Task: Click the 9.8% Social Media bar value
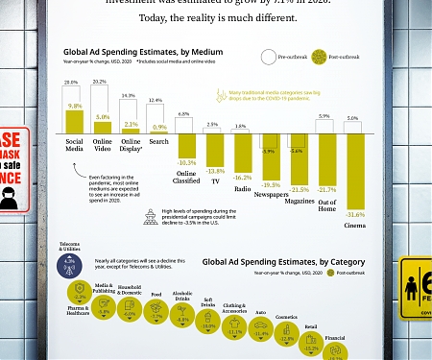click(72, 107)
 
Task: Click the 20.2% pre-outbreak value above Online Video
click(98, 83)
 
